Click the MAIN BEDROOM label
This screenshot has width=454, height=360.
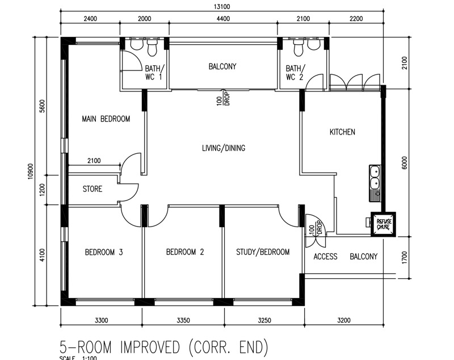click(x=106, y=119)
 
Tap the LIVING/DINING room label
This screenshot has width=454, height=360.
click(x=224, y=148)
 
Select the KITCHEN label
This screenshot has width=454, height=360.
click(x=342, y=132)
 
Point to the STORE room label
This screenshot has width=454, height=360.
click(x=93, y=189)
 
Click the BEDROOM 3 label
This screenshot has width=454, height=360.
click(x=104, y=252)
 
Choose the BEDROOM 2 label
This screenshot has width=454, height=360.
click(x=185, y=252)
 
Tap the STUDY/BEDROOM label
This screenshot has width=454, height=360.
click(x=263, y=252)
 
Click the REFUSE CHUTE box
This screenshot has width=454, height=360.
click(x=384, y=224)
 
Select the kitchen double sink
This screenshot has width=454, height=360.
click(x=375, y=183)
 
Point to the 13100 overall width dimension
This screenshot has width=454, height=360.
click(x=222, y=6)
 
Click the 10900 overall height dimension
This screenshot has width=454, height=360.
click(x=31, y=171)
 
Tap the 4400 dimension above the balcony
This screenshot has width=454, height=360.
click(x=223, y=19)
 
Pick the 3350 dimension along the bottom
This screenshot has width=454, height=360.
click(x=183, y=320)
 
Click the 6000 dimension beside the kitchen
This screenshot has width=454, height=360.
click(x=405, y=163)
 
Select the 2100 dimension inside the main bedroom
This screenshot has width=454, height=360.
click(x=94, y=161)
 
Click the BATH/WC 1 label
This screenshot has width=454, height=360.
click(x=154, y=73)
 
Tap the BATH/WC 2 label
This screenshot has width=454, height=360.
click(x=295, y=73)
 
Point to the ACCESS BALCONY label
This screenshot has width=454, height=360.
click(x=346, y=257)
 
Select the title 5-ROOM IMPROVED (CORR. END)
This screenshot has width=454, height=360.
click(x=164, y=348)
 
